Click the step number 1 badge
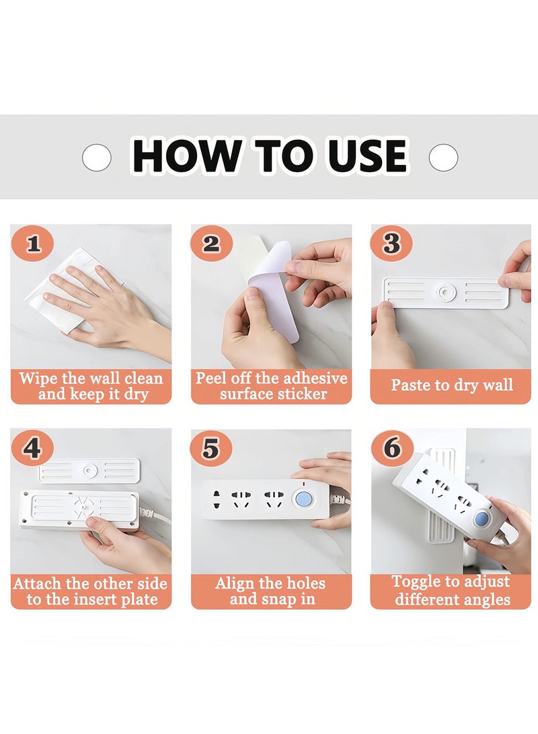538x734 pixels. tap(33, 244)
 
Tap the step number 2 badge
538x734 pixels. tap(211, 244)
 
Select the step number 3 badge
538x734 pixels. tap(391, 244)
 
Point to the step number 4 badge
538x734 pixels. tap(33, 448)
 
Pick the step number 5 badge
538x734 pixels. tap(211, 448)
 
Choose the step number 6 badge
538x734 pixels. tap(391, 448)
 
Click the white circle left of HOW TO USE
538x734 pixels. tap(97, 157)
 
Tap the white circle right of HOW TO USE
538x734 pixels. tap(443, 157)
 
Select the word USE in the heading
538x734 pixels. tap(367, 156)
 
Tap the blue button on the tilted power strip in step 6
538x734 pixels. tap(481, 519)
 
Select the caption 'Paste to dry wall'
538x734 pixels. tap(451, 386)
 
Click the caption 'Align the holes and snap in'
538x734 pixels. tap(271, 591)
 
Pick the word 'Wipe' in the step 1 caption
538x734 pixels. tap(38, 377)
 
